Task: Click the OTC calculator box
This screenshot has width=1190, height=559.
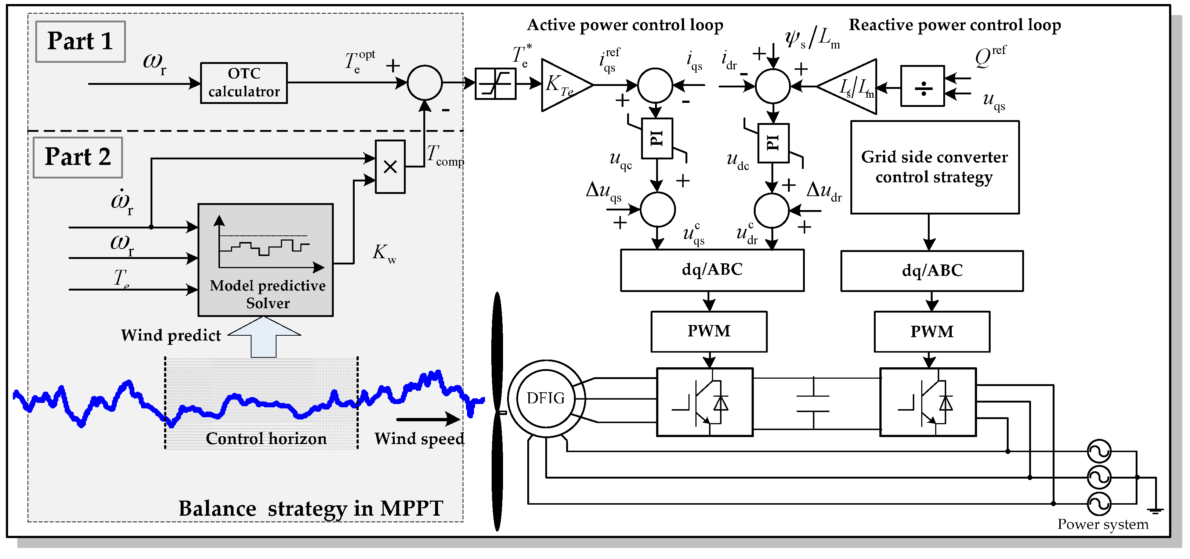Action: (x=243, y=83)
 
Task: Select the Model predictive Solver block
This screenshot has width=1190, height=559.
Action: (x=265, y=260)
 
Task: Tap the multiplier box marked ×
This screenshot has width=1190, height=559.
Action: (x=390, y=167)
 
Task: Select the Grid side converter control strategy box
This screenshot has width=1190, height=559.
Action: (x=934, y=167)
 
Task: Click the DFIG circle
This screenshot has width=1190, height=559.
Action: (x=546, y=398)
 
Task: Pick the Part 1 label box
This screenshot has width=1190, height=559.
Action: (x=80, y=42)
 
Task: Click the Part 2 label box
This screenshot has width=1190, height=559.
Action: (x=77, y=158)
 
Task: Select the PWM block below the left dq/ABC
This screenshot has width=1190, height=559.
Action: (x=709, y=331)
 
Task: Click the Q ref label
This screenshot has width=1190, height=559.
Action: (x=990, y=57)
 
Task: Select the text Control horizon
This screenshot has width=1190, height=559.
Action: (x=266, y=439)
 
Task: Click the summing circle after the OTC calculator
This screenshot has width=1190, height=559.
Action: (x=424, y=83)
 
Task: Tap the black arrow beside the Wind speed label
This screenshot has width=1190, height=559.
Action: (x=427, y=419)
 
